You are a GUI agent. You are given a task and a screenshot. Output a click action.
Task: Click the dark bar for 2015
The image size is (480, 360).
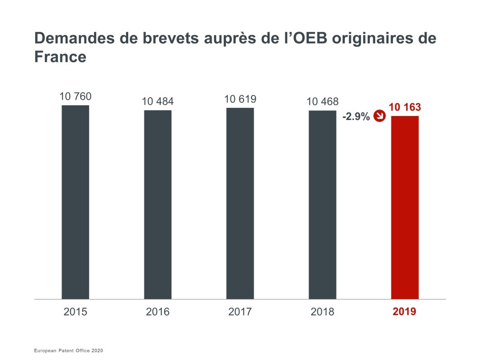(75, 202)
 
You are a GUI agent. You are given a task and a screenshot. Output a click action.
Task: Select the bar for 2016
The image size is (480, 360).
(158, 204)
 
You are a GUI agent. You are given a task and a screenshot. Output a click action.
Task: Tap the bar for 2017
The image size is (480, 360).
(240, 203)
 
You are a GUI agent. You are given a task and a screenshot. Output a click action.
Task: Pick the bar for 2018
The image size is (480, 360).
(322, 204)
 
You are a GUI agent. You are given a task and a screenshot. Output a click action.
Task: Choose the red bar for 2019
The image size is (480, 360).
(405, 207)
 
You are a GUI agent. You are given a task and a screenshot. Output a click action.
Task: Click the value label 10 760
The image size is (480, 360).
(75, 97)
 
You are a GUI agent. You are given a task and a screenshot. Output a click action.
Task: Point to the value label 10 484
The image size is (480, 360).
(158, 102)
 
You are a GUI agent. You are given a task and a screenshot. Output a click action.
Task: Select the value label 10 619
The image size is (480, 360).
(240, 99)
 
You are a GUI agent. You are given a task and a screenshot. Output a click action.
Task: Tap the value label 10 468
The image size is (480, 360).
(322, 102)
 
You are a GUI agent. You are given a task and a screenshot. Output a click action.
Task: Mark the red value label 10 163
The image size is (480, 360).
(405, 107)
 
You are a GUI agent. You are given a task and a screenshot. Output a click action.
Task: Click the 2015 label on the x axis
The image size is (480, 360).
(75, 312)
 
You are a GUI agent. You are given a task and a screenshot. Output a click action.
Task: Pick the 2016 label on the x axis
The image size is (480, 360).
(158, 312)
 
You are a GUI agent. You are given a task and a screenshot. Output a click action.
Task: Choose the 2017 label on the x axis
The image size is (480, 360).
(240, 312)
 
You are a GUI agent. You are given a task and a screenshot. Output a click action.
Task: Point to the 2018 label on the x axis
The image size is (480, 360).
(322, 312)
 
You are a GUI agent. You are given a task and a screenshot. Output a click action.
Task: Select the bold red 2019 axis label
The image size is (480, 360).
(405, 312)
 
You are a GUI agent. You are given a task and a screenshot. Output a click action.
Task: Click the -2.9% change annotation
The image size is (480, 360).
(356, 117)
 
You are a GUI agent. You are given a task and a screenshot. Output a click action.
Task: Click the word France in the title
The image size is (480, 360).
(60, 57)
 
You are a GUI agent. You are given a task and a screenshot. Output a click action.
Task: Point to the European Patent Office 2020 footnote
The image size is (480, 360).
(69, 351)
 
